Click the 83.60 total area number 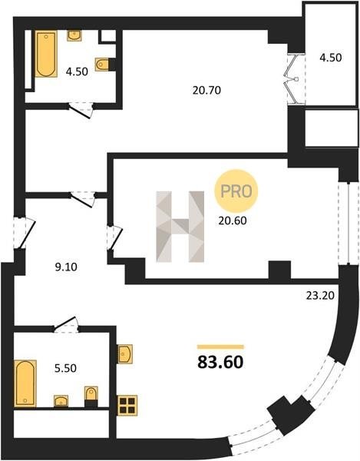click(220, 362)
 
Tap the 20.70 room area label click(206, 90)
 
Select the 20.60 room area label click(233, 221)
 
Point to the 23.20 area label click(320, 296)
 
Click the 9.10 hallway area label click(66, 267)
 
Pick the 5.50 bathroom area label click(65, 368)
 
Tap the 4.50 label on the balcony click(331, 58)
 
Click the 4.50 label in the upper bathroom click(77, 71)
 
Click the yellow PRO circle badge click(236, 191)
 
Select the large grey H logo click(180, 227)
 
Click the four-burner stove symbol click(127, 406)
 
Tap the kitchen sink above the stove click(125, 354)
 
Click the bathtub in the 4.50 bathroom click(46, 54)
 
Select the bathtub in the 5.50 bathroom click(25, 383)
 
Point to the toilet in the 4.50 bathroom click(102, 64)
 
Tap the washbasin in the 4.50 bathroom click(74, 36)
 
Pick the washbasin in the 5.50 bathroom click(61, 401)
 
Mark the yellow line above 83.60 click(220, 347)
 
